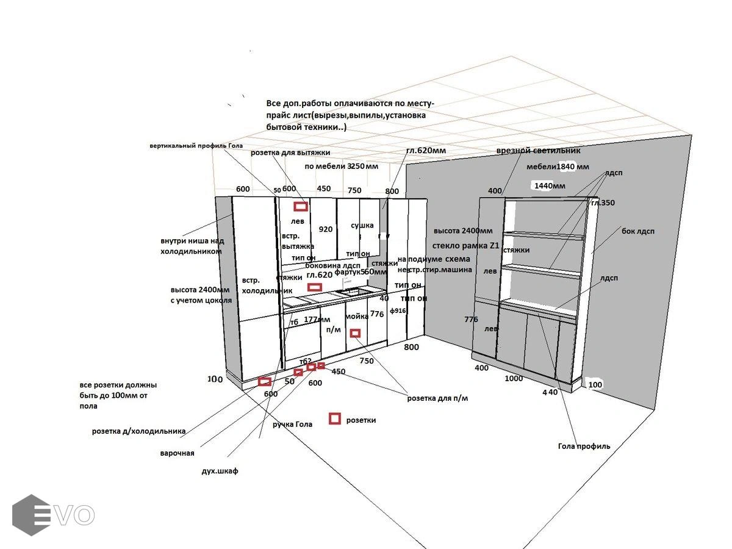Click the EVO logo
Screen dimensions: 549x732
click(54, 515)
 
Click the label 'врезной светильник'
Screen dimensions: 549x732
click(538, 150)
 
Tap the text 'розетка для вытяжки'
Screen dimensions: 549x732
click(290, 152)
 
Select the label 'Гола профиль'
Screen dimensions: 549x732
click(584, 446)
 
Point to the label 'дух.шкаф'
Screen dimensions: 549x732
click(220, 471)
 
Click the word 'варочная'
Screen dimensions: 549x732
click(177, 453)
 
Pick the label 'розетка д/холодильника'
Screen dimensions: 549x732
click(138, 431)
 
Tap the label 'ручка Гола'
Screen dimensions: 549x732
click(292, 424)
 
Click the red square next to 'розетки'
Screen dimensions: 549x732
click(334, 418)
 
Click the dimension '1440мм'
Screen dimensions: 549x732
click(550, 185)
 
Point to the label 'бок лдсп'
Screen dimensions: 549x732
click(637, 231)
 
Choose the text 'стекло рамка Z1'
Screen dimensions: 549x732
click(465, 246)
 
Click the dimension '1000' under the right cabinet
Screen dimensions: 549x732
click(514, 378)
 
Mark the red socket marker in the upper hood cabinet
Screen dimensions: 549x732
click(300, 206)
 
